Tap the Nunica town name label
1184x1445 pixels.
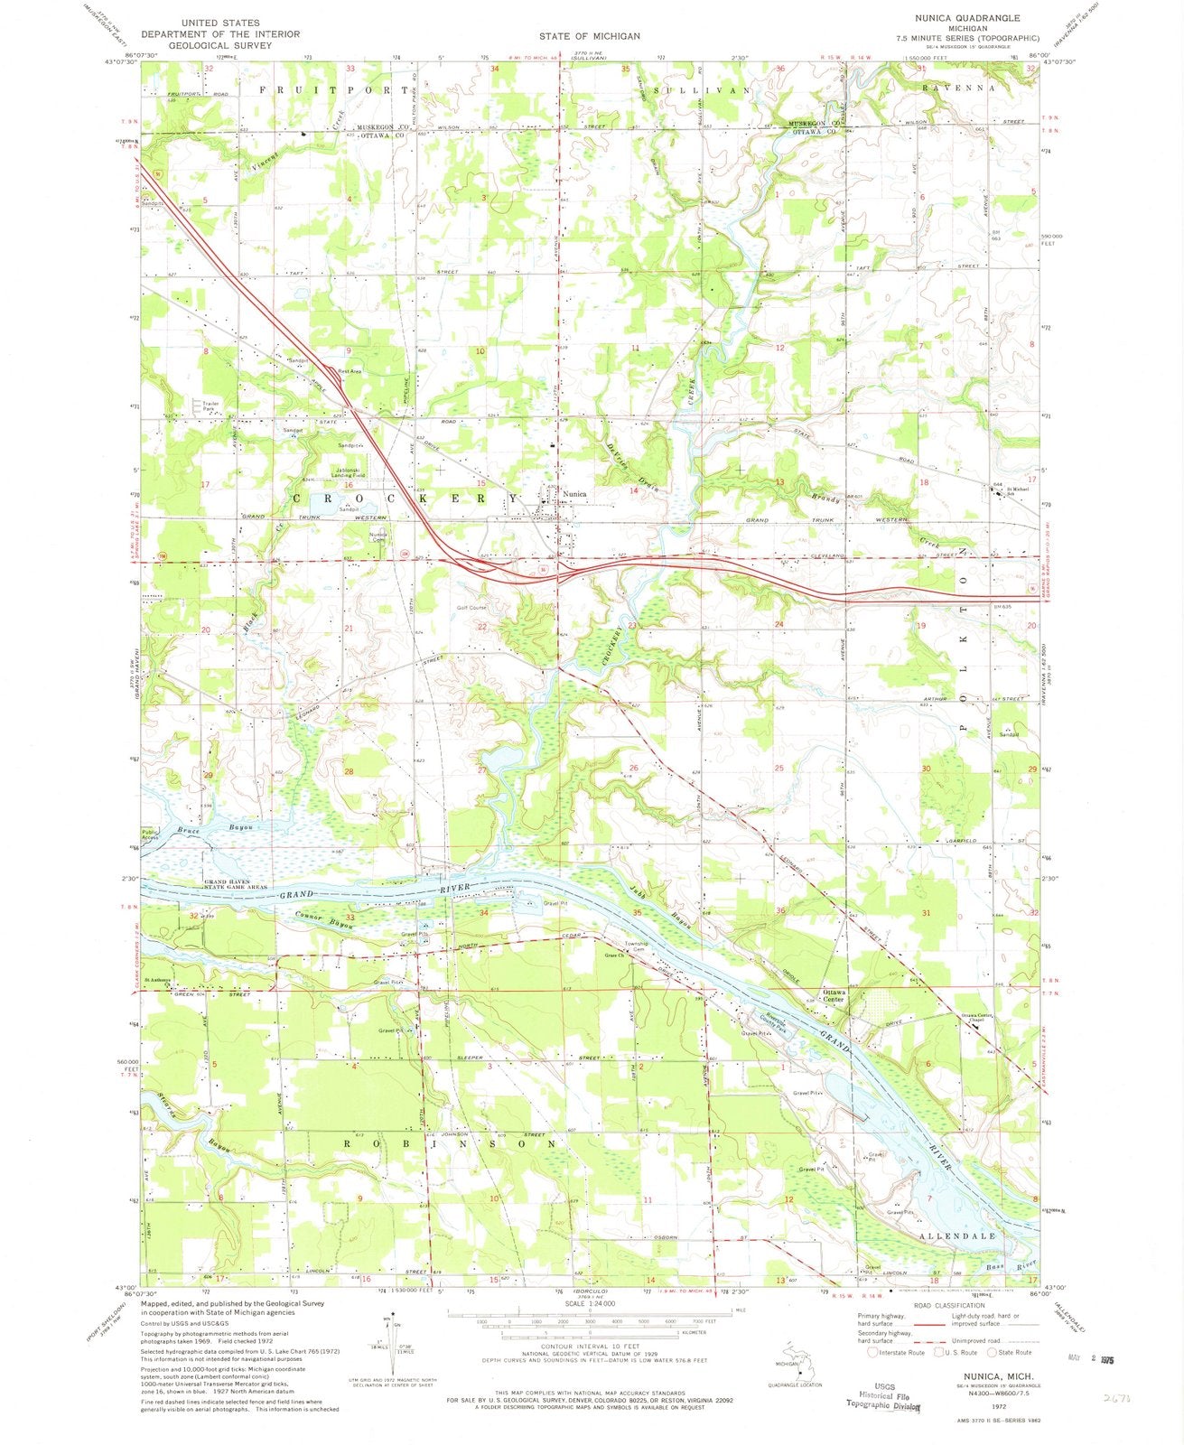click(574, 494)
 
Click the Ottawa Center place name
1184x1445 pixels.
click(834, 995)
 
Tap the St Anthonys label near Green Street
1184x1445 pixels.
click(160, 981)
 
